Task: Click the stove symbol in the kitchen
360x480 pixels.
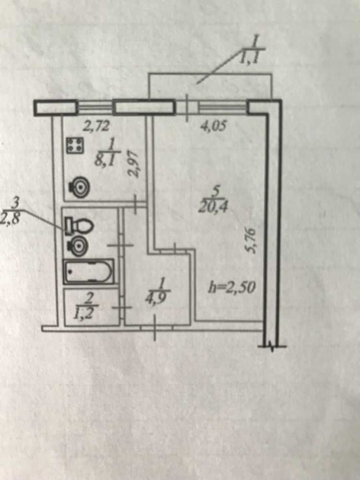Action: coord(75,145)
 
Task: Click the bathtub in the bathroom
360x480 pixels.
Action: coord(88,272)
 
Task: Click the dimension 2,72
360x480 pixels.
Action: coord(96,126)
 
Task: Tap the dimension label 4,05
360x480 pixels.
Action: coord(213,125)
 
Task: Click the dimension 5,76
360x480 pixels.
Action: coord(250,240)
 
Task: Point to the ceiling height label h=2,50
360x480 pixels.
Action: coord(232,288)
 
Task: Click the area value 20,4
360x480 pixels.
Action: coord(213,208)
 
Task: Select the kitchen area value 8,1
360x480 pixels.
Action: coord(105,160)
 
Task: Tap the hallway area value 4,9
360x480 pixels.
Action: coord(157,298)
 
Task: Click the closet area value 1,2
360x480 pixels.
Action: coord(82,314)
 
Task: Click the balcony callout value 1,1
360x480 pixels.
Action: coord(250,57)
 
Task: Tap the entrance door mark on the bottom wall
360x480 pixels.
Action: coord(155,328)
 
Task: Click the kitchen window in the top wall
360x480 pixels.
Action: coord(95,107)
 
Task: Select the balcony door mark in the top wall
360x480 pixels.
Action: coord(187,107)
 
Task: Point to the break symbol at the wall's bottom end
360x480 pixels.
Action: coord(272,346)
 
